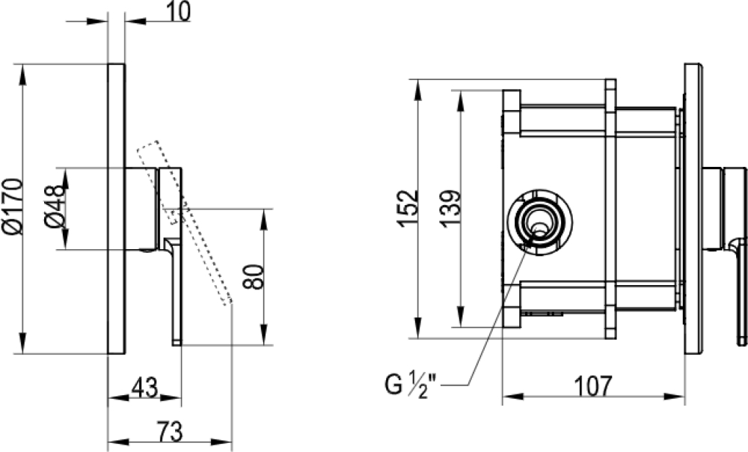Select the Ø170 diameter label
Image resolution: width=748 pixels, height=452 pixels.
pos(13,207)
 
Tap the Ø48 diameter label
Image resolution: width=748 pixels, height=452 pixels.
pos(52,209)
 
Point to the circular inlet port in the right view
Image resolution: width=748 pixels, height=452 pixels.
pos(539,222)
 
